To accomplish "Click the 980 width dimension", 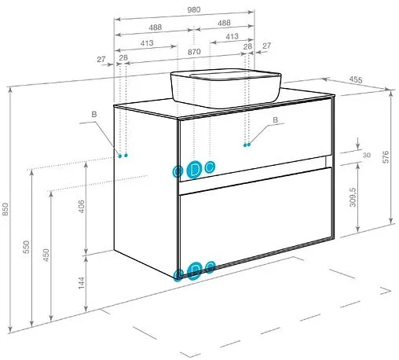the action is [194, 9].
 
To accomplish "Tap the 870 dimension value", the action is [194, 52].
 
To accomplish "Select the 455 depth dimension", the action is [356, 79].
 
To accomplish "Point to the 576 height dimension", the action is [386, 157].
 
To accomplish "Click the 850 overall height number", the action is [5, 209].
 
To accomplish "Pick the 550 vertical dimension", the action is [27, 247].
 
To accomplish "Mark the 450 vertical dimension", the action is [46, 255].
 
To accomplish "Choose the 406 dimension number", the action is [82, 206].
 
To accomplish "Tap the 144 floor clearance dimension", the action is [82, 283].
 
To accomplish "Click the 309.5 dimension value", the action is [353, 197].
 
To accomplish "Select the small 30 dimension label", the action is [367, 155].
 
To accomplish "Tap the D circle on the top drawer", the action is [194, 170].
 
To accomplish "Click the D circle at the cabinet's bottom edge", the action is [195, 270].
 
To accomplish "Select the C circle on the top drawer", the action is [210, 167].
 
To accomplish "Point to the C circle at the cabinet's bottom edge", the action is [210, 267].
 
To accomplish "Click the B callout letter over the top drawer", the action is [275, 120].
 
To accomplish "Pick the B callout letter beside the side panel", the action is [94, 114].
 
